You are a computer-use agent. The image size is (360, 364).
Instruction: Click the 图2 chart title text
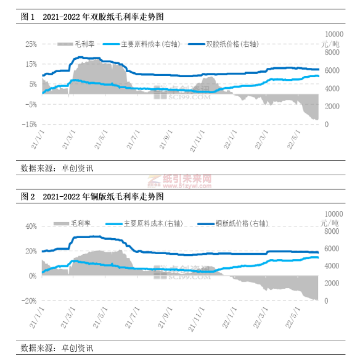click(x=92, y=197)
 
